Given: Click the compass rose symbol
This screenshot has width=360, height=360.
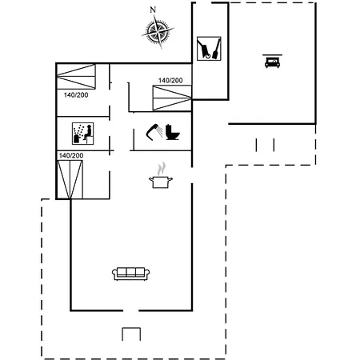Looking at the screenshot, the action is coord(158,32).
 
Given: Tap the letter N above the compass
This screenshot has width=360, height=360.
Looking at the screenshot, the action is coord(153,10).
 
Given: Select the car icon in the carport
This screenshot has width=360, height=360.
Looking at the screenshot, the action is coord(272,62).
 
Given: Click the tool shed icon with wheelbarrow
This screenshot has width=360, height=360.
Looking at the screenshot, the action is coord(209,49).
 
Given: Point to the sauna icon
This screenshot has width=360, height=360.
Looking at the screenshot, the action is coord(82,134).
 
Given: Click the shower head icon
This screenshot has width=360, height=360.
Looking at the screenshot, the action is coord(154,132).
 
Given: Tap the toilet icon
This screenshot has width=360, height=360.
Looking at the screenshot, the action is coord(172,132).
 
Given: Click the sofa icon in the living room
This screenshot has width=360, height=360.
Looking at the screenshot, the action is coord(130,274).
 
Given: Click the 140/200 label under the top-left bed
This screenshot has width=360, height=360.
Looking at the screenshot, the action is coord(76,95).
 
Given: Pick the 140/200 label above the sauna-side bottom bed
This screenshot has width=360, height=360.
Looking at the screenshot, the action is coord(71,155).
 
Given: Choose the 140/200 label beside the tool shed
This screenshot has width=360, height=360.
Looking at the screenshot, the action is coord(170,80).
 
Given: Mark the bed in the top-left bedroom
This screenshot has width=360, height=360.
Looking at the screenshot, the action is coord(76,77).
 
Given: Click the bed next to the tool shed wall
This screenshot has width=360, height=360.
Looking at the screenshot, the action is coord(172,98).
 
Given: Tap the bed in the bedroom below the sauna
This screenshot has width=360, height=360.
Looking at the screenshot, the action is coord(70,179).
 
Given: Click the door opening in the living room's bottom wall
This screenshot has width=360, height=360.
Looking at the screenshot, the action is coord(130,310).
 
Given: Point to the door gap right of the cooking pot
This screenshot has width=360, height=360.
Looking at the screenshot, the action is coord(192,175).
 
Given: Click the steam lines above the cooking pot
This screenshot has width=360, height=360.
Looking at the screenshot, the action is coord(161,169).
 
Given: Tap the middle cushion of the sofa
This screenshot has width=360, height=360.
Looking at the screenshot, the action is coord(131,272).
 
